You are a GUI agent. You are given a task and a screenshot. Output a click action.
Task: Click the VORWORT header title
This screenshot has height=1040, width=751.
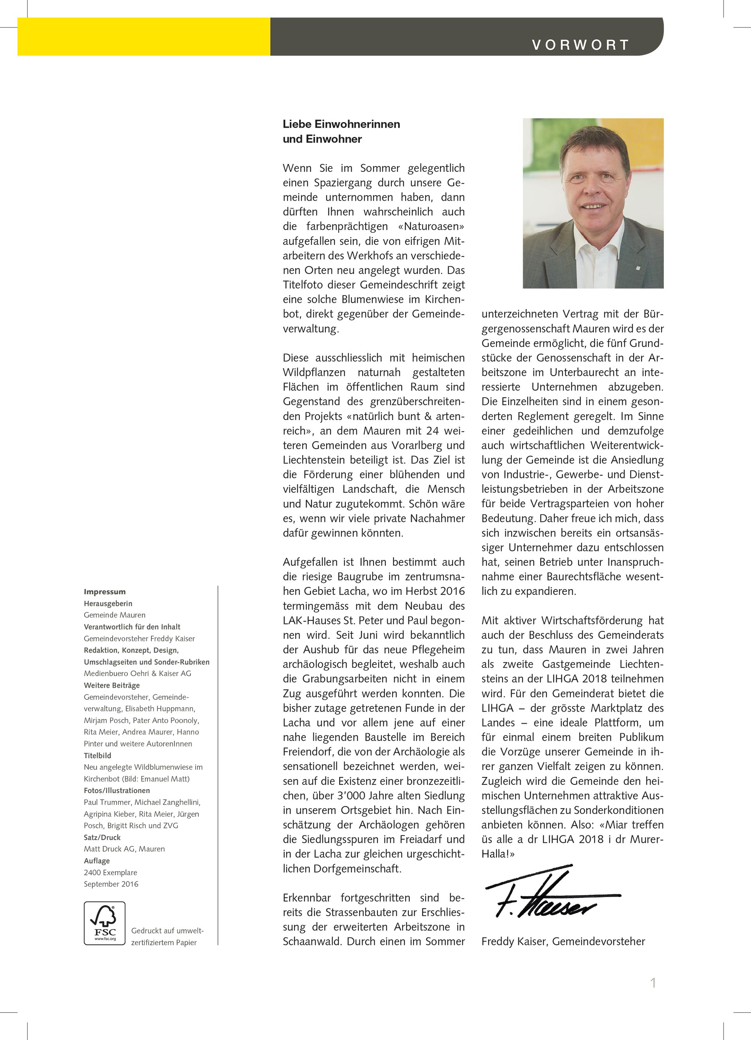pyautogui.click(x=580, y=45)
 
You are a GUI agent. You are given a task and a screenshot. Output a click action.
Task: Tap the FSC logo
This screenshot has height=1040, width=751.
pyautogui.click(x=104, y=923)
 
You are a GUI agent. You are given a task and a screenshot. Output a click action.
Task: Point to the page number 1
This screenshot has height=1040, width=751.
pyautogui.click(x=653, y=983)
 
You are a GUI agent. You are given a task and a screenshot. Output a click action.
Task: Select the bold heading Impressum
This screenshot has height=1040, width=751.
pyautogui.click(x=104, y=591)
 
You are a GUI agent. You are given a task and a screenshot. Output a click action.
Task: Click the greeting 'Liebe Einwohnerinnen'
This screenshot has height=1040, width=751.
pyautogui.click(x=341, y=124)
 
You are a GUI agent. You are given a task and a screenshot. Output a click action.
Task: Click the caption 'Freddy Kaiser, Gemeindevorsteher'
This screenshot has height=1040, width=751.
pyautogui.click(x=563, y=941)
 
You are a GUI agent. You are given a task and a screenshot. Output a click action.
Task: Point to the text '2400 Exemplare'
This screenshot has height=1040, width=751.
pyautogui.click(x=110, y=872)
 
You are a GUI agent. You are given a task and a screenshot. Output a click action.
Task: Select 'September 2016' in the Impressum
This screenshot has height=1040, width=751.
pyautogui.click(x=110, y=884)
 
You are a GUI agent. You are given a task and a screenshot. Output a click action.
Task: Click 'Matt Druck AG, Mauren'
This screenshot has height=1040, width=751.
pyautogui.click(x=124, y=849)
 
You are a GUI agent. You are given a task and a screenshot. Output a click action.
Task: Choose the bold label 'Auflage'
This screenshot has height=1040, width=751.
pyautogui.click(x=97, y=861)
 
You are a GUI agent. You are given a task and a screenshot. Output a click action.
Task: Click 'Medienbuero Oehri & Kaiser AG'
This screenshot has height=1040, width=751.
pyautogui.click(x=137, y=673)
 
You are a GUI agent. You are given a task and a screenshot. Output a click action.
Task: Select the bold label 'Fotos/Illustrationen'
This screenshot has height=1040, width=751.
pyautogui.click(x=117, y=790)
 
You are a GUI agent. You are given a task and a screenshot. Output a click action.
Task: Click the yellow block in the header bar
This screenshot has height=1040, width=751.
pyautogui.click(x=144, y=37)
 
